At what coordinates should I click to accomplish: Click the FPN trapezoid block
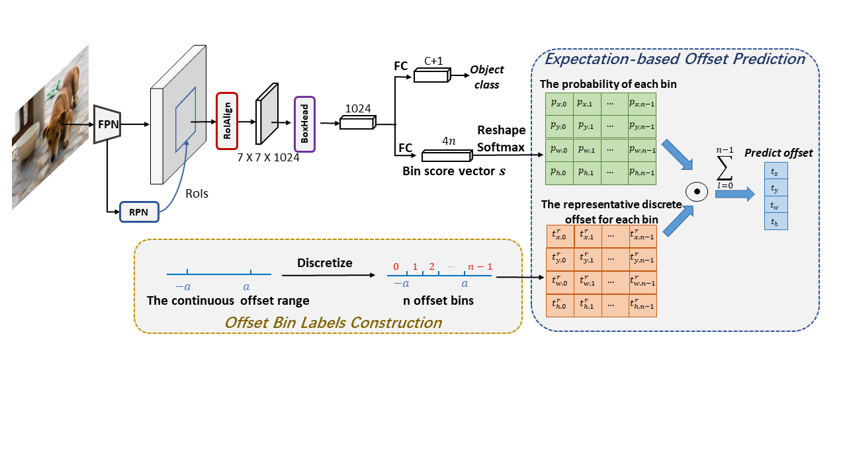(107, 124)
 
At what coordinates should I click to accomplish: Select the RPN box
(138, 212)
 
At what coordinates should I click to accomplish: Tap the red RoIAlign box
(226, 121)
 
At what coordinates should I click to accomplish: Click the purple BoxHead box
(304, 124)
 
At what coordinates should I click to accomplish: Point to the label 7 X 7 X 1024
(268, 157)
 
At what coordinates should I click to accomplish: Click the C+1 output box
(431, 76)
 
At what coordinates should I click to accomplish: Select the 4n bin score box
(447, 156)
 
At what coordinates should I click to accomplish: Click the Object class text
(487, 77)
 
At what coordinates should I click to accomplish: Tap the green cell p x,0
(559, 104)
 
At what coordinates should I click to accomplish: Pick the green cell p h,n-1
(642, 173)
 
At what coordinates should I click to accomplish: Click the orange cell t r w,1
(587, 282)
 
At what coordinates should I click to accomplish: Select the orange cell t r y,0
(559, 259)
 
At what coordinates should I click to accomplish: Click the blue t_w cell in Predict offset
(775, 205)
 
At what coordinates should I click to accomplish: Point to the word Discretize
(324, 262)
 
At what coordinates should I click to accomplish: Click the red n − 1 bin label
(480, 267)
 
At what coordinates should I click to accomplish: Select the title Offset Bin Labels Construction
(333, 323)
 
